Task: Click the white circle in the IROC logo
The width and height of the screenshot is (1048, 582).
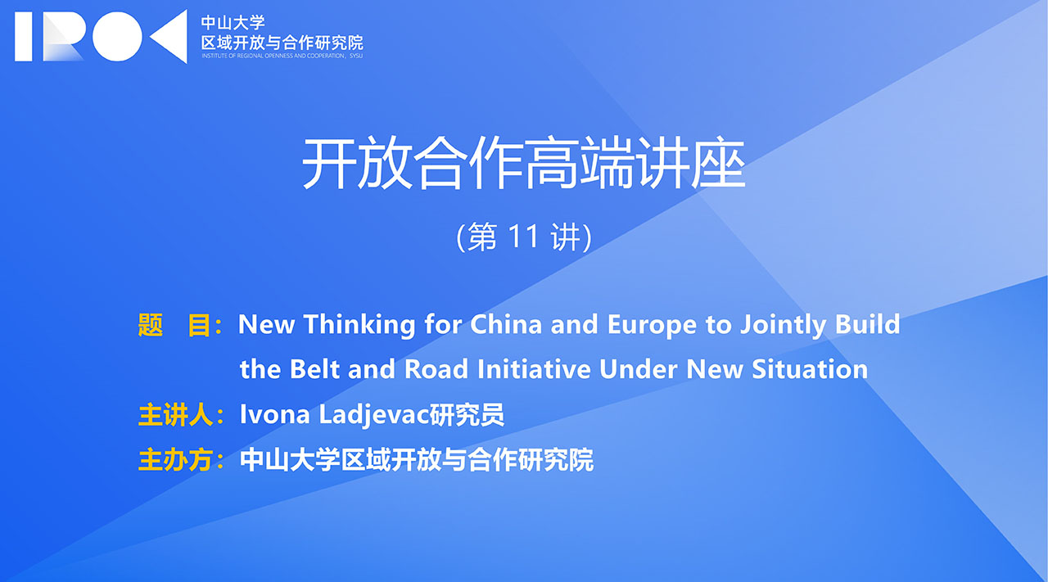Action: coord(117,37)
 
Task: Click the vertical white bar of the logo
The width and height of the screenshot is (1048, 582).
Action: coord(24,37)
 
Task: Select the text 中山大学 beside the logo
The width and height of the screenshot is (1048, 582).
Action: coord(233,22)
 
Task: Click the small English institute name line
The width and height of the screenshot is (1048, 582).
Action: coord(282,56)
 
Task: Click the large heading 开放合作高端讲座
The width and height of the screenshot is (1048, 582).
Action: coord(523,163)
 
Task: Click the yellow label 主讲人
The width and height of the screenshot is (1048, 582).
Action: coord(176,415)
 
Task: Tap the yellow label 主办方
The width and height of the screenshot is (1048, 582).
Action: coord(176,460)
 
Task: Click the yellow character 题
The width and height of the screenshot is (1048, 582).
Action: coord(151,325)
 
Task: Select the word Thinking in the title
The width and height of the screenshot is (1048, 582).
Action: coord(359,325)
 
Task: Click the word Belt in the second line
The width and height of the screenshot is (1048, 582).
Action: coord(314,368)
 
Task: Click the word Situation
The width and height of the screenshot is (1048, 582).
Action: coord(810,368)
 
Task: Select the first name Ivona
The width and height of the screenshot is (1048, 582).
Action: coord(274,414)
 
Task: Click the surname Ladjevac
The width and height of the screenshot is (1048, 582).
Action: coord(373,416)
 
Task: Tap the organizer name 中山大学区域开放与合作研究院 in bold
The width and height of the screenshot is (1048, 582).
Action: coord(417,460)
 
